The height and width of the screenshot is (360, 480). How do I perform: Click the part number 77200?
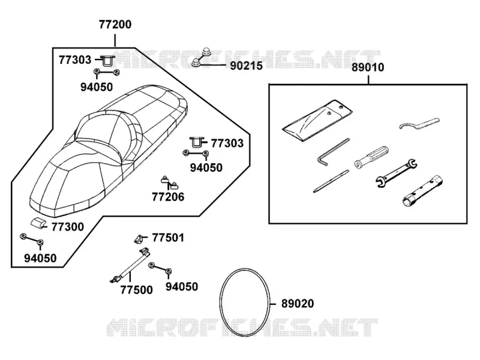pos(115,25)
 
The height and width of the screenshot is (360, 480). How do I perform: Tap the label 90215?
pos(246,66)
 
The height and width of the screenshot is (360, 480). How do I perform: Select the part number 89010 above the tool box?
pos(368,67)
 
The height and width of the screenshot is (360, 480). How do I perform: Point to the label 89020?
pos(298,304)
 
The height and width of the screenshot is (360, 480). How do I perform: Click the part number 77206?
pos(168,197)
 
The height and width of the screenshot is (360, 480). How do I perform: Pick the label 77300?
pos(67,227)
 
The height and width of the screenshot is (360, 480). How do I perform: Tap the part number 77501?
pos(168,238)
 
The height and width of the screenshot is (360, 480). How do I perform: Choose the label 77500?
pos(136,290)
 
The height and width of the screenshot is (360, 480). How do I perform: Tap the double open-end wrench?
pos(396,173)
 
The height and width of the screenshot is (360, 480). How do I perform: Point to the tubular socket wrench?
pos(422,190)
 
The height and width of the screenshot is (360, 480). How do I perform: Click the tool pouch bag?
pos(317,121)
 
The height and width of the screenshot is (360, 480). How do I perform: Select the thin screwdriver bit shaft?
pos(331,181)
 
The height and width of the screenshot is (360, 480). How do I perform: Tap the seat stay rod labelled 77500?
pos(130,265)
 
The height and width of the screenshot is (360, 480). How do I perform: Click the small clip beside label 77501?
pos(139,239)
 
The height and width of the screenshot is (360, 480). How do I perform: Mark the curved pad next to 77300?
pos(38,223)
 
